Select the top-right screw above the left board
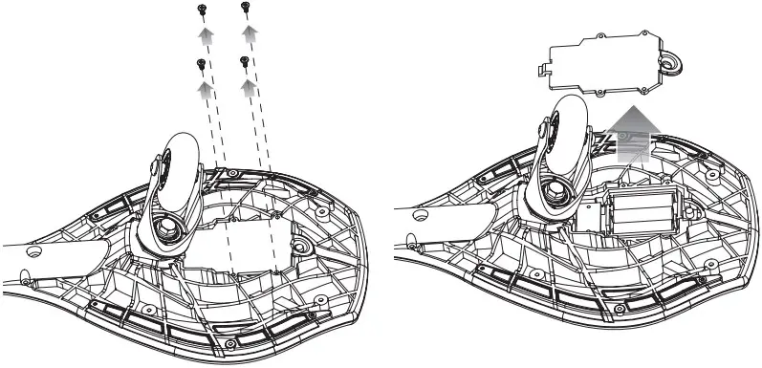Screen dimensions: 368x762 pyautogui.click(x=247, y=8)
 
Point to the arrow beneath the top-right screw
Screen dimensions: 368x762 pyautogui.click(x=250, y=35)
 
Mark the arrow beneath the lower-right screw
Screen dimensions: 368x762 pyautogui.click(x=250, y=88)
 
